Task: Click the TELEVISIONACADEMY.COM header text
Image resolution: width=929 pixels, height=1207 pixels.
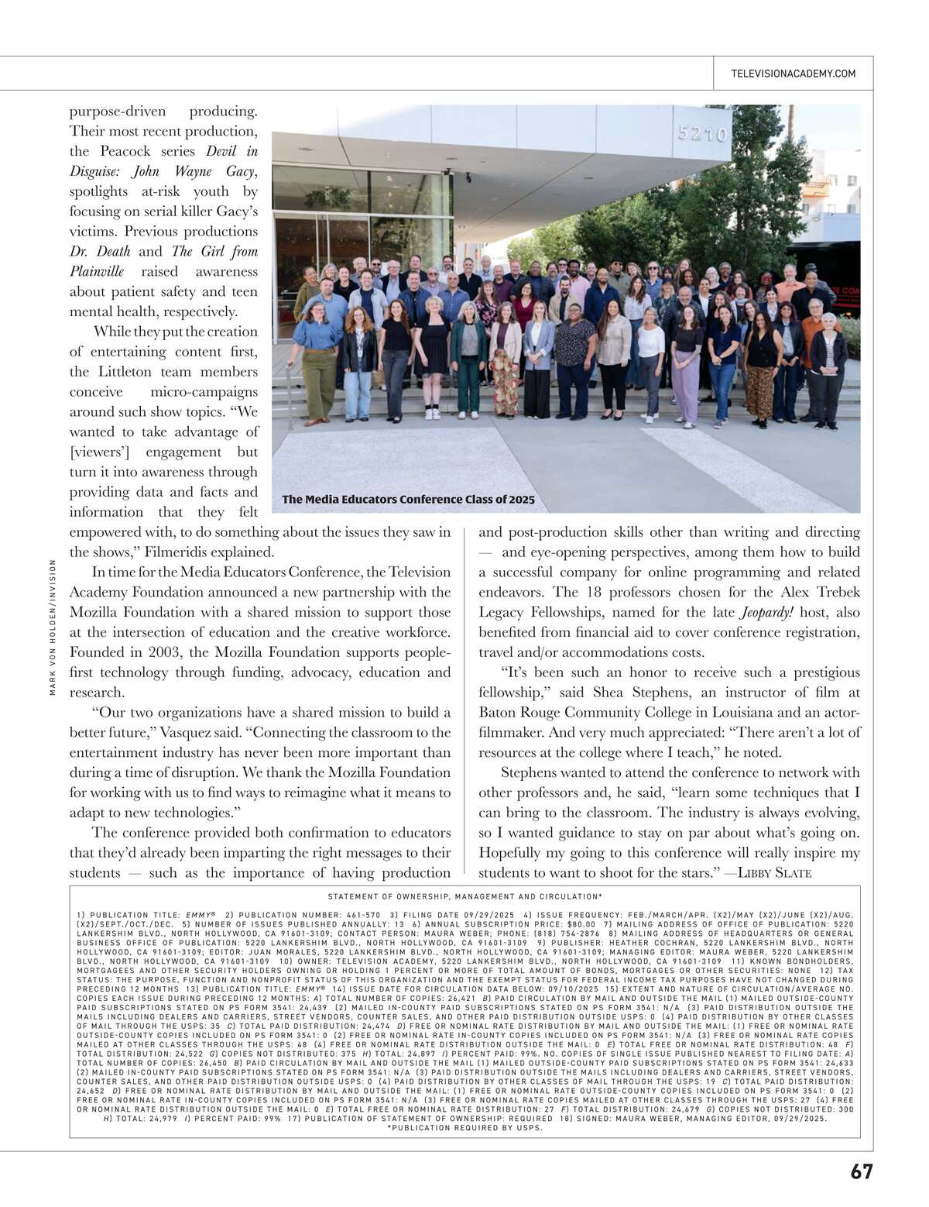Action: [x=793, y=74]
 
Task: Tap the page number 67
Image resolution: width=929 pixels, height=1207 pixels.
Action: [x=861, y=1171]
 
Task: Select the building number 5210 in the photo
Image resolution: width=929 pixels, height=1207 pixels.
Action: [x=702, y=134]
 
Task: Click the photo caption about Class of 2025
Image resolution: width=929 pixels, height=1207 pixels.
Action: [x=408, y=500]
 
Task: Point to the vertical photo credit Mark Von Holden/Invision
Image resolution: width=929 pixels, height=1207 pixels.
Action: [x=53, y=627]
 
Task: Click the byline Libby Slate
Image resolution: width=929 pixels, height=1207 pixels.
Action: [x=775, y=873]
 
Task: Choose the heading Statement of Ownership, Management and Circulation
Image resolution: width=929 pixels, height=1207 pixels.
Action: [x=464, y=897]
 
